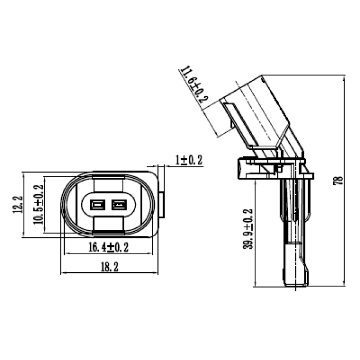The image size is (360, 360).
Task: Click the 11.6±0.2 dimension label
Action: pos(193,85)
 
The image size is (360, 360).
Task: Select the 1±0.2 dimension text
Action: pos(188,160)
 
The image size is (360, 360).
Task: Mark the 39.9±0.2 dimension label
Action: pos(249,230)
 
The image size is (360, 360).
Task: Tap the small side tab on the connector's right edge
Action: pos(162,206)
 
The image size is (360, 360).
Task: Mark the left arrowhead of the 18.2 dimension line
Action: pos(62,273)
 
